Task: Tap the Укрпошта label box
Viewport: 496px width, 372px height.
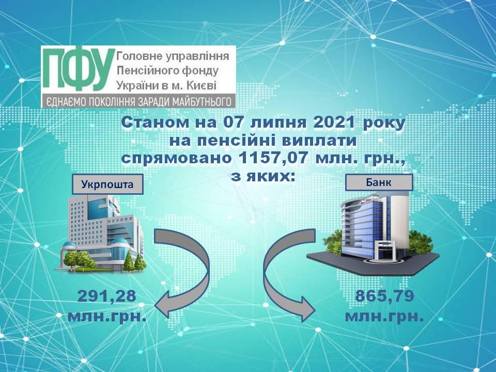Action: pyautogui.click(x=107, y=184)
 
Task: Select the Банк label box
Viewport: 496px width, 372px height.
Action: pyautogui.click(x=379, y=182)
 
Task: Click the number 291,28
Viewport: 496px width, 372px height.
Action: pyautogui.click(x=107, y=297)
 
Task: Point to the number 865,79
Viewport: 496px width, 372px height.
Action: pyautogui.click(x=384, y=297)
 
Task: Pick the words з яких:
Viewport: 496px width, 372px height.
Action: pyautogui.click(x=263, y=176)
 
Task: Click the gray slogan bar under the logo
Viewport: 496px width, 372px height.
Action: pyautogui.click(x=138, y=101)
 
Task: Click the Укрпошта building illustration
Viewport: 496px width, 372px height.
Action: pyautogui.click(x=101, y=234)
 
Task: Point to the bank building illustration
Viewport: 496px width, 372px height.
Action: pyautogui.click(x=373, y=234)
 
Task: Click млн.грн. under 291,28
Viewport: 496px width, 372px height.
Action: pyautogui.click(x=107, y=316)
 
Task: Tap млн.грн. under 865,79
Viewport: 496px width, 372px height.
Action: pyautogui.click(x=384, y=316)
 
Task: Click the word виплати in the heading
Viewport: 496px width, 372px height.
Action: pyautogui.click(x=319, y=141)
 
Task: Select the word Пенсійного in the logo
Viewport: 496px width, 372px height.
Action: pyautogui.click(x=144, y=71)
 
